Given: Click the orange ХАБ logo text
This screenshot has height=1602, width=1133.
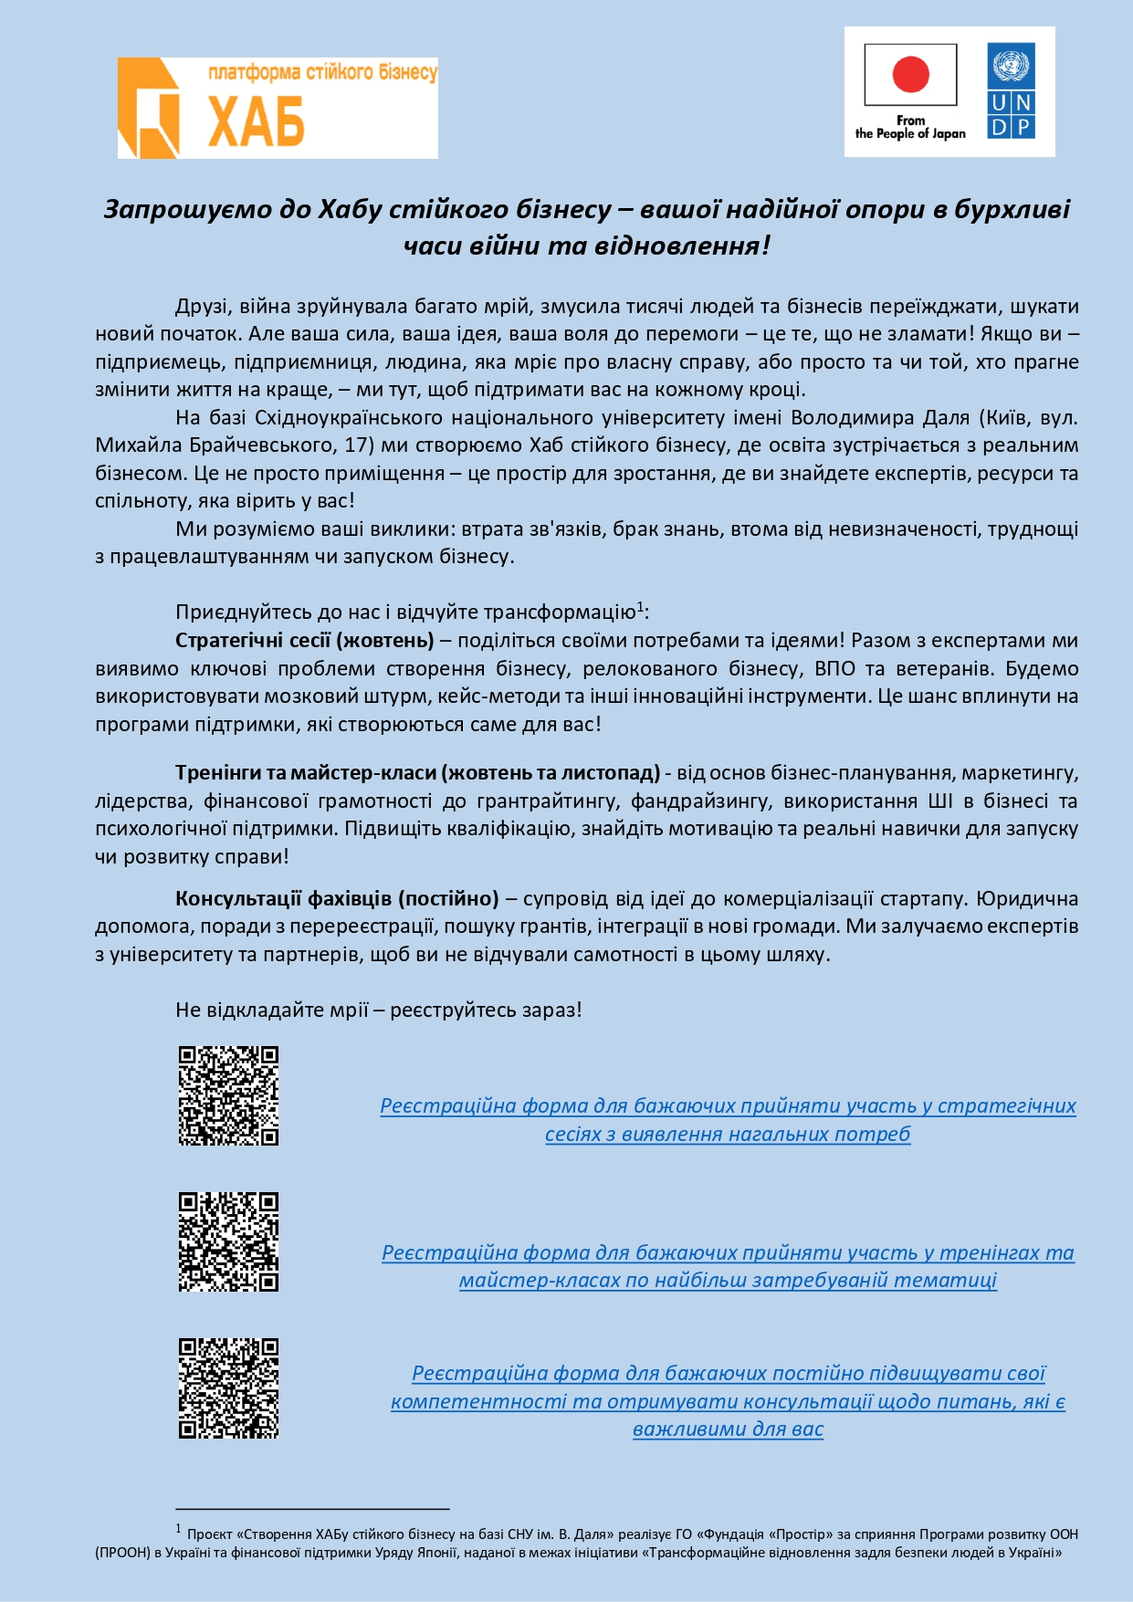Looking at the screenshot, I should pos(256,120).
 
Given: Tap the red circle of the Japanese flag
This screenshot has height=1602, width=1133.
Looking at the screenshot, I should pos(910,74).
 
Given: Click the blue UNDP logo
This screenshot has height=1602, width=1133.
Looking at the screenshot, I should pos(1011,91).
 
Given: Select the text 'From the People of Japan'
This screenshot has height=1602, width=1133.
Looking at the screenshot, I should pos(910,127).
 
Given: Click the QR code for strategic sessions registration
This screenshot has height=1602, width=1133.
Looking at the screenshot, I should pos(228,1095).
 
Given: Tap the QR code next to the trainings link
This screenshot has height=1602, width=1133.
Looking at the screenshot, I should pos(228,1241).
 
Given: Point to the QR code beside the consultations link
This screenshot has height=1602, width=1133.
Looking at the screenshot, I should pos(228,1387).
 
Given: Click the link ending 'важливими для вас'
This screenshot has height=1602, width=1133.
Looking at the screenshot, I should pos(728,1429).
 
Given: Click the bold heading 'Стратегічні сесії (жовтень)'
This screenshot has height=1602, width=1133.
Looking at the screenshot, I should pos(304,640).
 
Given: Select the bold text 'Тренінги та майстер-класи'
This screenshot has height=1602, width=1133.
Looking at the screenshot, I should pos(306,773).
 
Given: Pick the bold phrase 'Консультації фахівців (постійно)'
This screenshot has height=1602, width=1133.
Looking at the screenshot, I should pos(337,899).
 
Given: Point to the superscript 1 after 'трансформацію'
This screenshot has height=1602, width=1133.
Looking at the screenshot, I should pos(640,606).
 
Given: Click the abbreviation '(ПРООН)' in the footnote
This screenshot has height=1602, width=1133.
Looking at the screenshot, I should pos(122,1552).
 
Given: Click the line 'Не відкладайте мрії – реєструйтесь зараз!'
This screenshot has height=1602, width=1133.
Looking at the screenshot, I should pos(378,1010).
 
